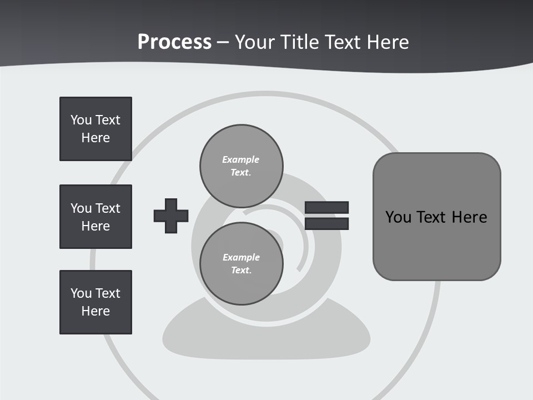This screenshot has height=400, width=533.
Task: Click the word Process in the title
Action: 174,42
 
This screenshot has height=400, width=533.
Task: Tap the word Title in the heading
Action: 299,42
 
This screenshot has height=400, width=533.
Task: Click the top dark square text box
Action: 95,129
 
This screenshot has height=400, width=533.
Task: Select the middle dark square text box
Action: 95,217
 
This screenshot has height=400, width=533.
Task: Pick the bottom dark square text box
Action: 95,302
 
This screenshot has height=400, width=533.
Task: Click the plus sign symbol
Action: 171,216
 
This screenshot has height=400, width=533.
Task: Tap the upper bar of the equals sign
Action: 326,207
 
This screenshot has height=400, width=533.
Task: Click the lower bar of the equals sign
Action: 326,224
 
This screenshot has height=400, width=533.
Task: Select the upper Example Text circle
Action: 242,166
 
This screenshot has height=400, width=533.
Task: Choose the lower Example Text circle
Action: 242,263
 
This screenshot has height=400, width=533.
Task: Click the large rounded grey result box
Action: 436,217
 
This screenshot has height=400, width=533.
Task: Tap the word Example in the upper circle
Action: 240,159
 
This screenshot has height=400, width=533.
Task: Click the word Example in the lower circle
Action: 241,257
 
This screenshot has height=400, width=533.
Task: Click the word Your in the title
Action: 253,42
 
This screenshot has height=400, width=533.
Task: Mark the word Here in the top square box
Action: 95,138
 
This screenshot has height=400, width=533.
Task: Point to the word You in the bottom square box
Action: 81,293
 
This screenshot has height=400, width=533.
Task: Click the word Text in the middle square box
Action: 108,208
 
